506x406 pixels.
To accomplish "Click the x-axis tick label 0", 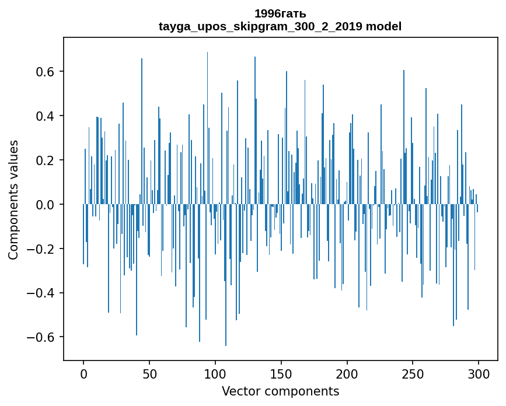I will [83, 373].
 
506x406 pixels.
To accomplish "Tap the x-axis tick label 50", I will [149, 373].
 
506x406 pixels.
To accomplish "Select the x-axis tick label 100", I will [215, 373].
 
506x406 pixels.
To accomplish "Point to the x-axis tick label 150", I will [281, 373].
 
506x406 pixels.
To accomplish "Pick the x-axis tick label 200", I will [347, 373].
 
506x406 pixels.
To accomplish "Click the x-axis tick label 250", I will [413, 373].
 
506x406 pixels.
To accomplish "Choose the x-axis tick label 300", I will [479, 373].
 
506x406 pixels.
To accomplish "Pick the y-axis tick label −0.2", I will [43, 249].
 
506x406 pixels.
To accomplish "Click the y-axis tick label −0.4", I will [43, 293].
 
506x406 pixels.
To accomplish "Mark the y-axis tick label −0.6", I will [43, 337].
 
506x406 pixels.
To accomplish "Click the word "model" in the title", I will [383, 26].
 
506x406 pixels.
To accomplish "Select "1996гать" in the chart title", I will [280, 14].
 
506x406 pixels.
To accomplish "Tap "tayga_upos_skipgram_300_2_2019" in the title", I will [260, 26].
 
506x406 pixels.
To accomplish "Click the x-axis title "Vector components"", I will [280, 391].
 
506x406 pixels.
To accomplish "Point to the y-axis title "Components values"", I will [13, 199].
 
